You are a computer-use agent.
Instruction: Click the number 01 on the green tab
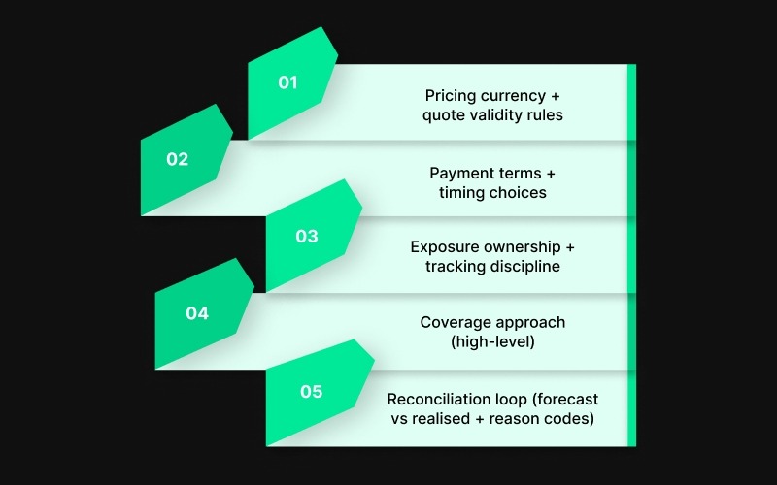tap(287, 82)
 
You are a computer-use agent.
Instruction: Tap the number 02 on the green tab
tap(177, 160)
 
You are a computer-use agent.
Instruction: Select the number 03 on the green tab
tap(306, 237)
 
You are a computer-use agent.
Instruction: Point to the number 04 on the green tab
tap(197, 313)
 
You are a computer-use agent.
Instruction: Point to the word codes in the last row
tap(573, 418)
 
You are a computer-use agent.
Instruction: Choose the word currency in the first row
tap(516, 96)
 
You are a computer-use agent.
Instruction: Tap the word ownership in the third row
tap(522, 246)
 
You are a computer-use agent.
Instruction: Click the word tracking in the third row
tap(454, 266)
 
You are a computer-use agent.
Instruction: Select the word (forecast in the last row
tap(563, 399)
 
